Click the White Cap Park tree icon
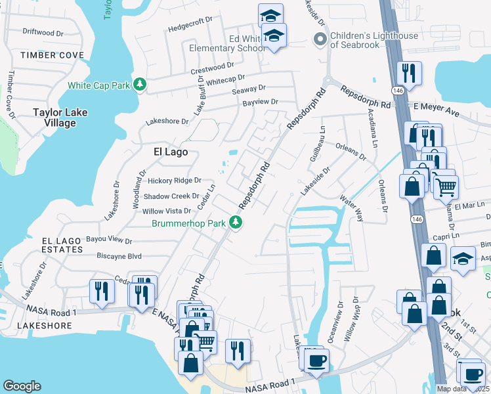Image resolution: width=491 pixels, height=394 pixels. pos(139,85)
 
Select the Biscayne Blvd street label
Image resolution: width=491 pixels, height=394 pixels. pos(119,255)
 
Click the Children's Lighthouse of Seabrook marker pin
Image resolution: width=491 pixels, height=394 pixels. pos(320,39)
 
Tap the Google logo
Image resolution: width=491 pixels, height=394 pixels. pos(22,386)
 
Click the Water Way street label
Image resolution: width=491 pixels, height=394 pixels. pos(351,205)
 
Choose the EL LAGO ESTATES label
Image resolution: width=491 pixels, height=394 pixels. pos(62,245)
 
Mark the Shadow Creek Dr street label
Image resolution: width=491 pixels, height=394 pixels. pos(171,196)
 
